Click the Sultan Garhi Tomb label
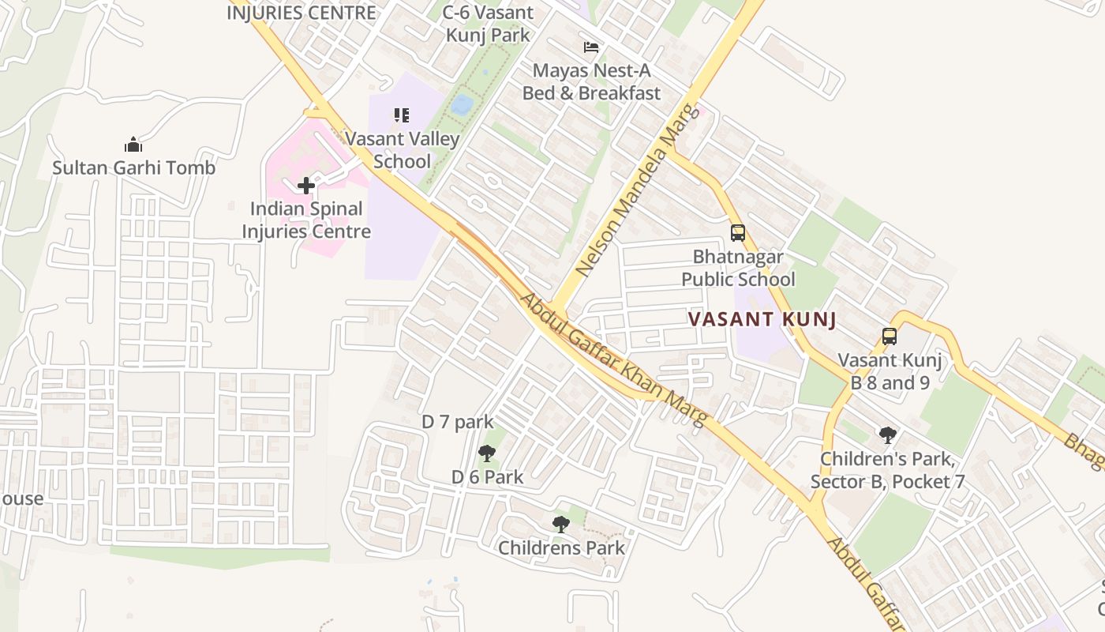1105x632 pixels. [x=133, y=167]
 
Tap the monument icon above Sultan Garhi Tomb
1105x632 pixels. [x=133, y=145]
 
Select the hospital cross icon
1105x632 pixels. [x=306, y=186]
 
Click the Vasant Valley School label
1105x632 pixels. [x=403, y=150]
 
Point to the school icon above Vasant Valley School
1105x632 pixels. [x=402, y=115]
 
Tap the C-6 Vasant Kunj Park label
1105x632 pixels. [x=488, y=24]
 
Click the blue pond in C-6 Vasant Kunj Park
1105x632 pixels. [x=463, y=104]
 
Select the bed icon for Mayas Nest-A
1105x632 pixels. [x=591, y=47]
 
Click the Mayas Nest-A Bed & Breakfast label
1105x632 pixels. [x=591, y=82]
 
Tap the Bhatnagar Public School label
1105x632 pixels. [x=738, y=268]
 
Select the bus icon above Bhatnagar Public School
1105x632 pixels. [x=738, y=233]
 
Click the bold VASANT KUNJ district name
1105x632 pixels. [x=762, y=320]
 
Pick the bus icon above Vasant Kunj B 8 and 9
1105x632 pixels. [x=890, y=337]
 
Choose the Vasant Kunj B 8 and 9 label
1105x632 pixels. [x=890, y=371]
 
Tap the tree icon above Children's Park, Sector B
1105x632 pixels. [x=888, y=434]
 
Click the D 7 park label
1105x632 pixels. [x=457, y=422]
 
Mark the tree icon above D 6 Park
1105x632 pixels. [x=487, y=453]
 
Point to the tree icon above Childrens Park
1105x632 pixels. [x=560, y=524]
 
